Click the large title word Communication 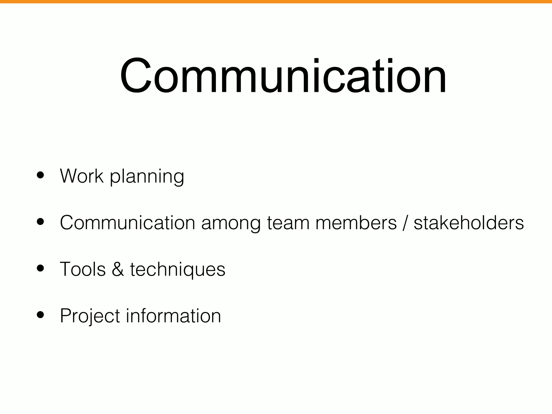pyautogui.click(x=283, y=76)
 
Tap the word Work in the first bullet pyautogui.click(x=82, y=176)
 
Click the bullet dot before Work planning pyautogui.click(x=40, y=175)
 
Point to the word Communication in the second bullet pyautogui.click(x=127, y=223)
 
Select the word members pyautogui.click(x=356, y=223)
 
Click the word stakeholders pyautogui.click(x=469, y=223)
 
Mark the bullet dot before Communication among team pyautogui.click(x=40, y=222)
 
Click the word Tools pyautogui.click(x=83, y=269)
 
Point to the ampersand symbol pyautogui.click(x=118, y=269)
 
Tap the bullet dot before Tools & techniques pyautogui.click(x=40, y=268)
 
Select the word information pyautogui.click(x=173, y=316)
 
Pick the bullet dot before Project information pyautogui.click(x=40, y=315)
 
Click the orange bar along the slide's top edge pyautogui.click(x=276, y=2)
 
